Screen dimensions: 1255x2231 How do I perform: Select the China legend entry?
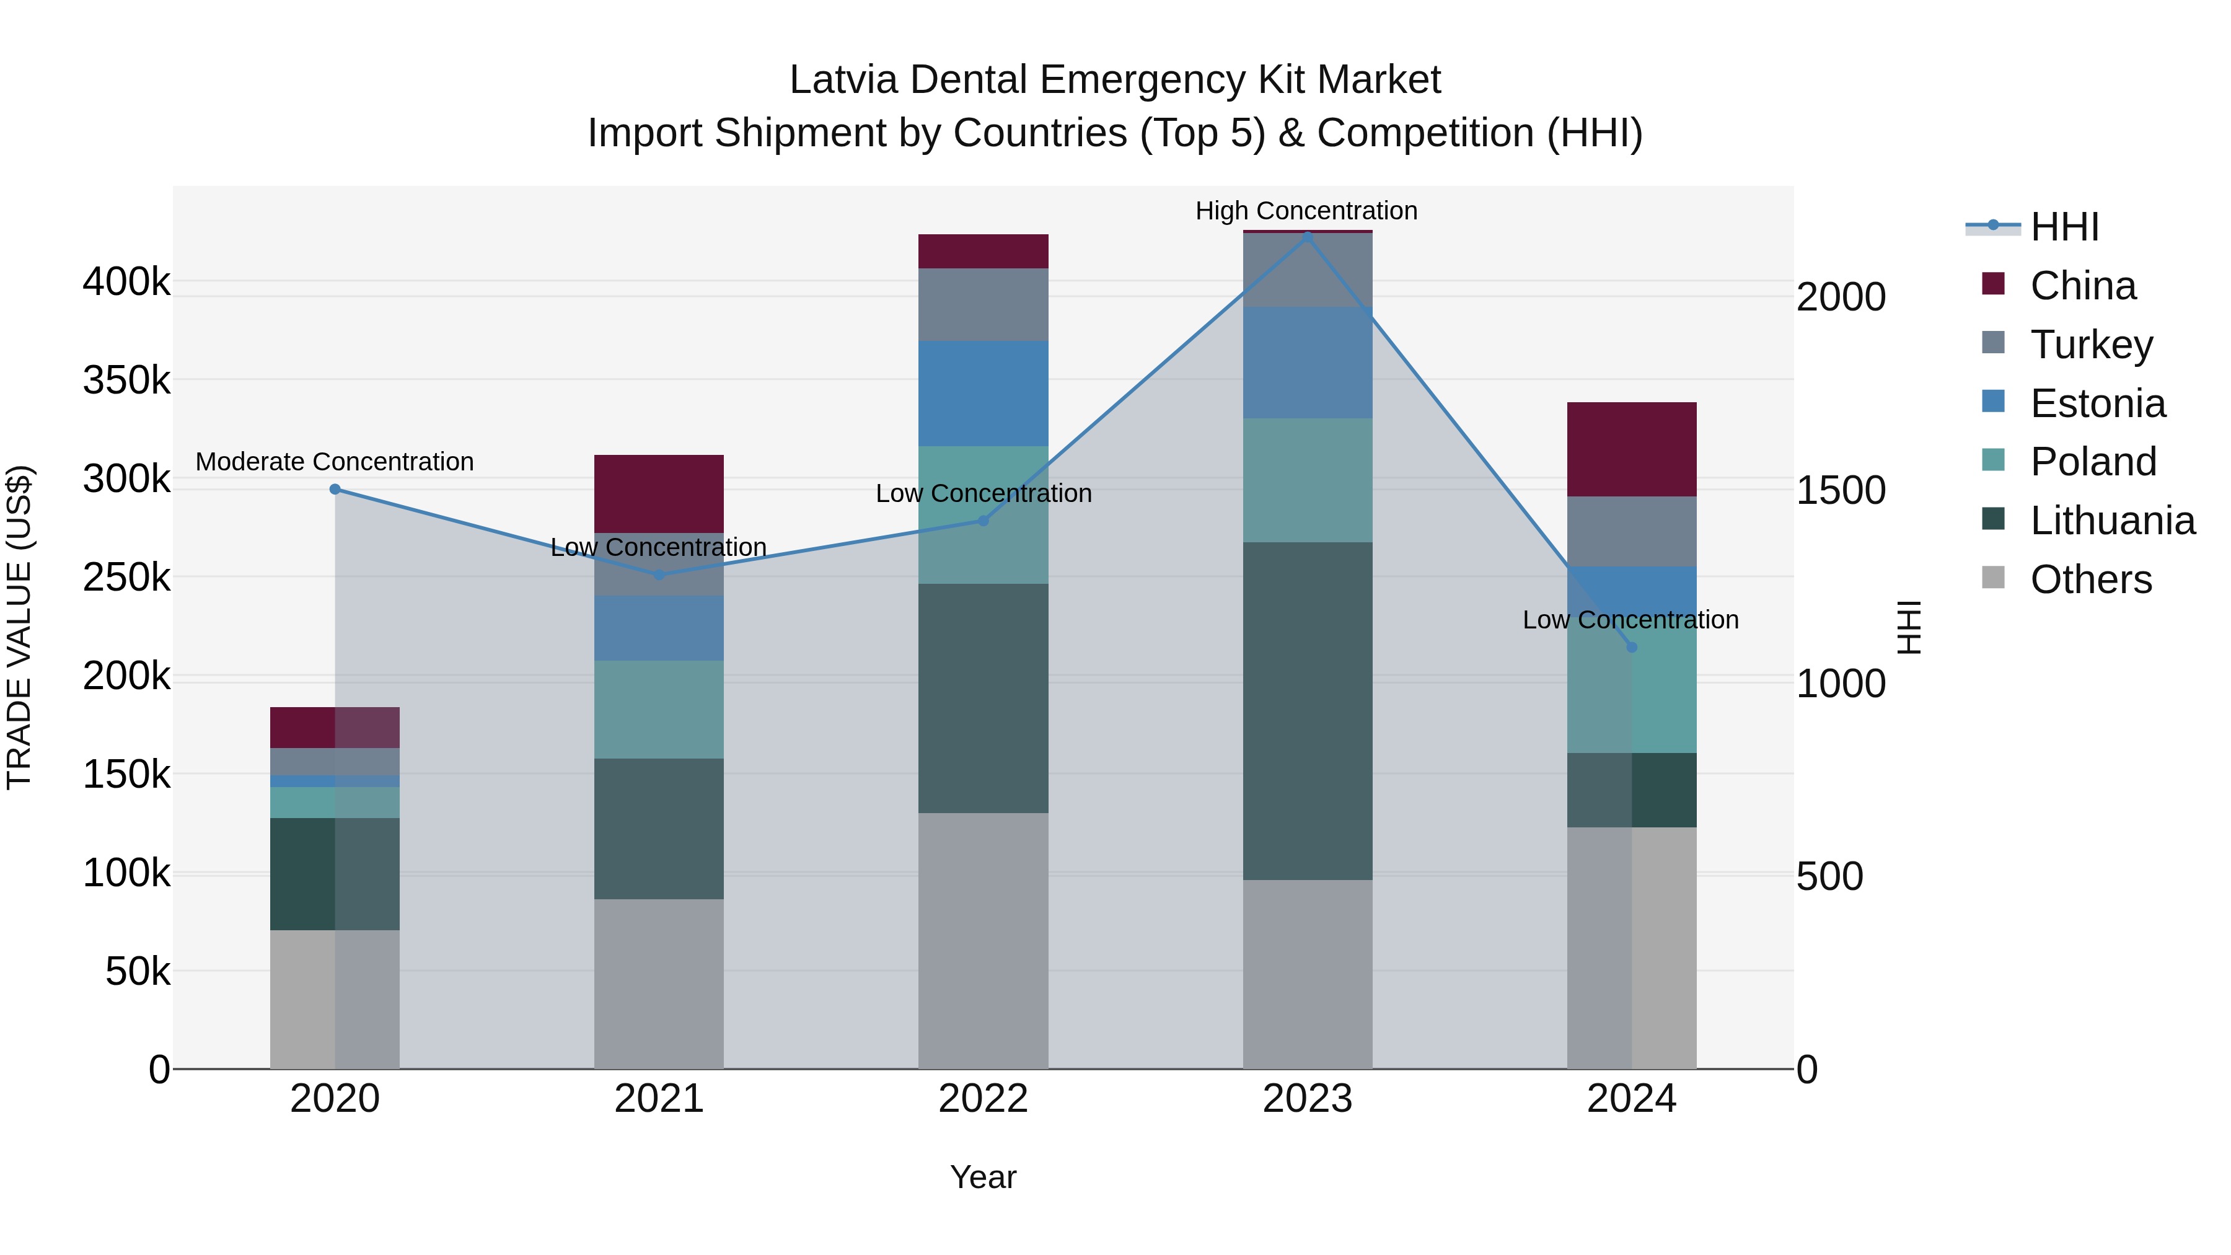[x=2082, y=286]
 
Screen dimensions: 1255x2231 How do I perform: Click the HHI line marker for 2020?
[x=335, y=490]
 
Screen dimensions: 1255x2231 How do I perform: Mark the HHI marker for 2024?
[x=1632, y=647]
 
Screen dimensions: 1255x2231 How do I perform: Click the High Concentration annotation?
[x=1306, y=211]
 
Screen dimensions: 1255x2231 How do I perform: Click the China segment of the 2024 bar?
[x=1632, y=449]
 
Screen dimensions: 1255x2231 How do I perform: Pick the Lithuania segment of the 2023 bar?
[x=1308, y=710]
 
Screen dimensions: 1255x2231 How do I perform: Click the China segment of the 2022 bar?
[x=983, y=251]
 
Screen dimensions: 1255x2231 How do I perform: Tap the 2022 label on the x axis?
[x=983, y=1099]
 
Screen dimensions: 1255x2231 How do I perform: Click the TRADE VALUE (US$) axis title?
[x=19, y=627]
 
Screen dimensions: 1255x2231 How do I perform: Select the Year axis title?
[x=983, y=1177]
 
